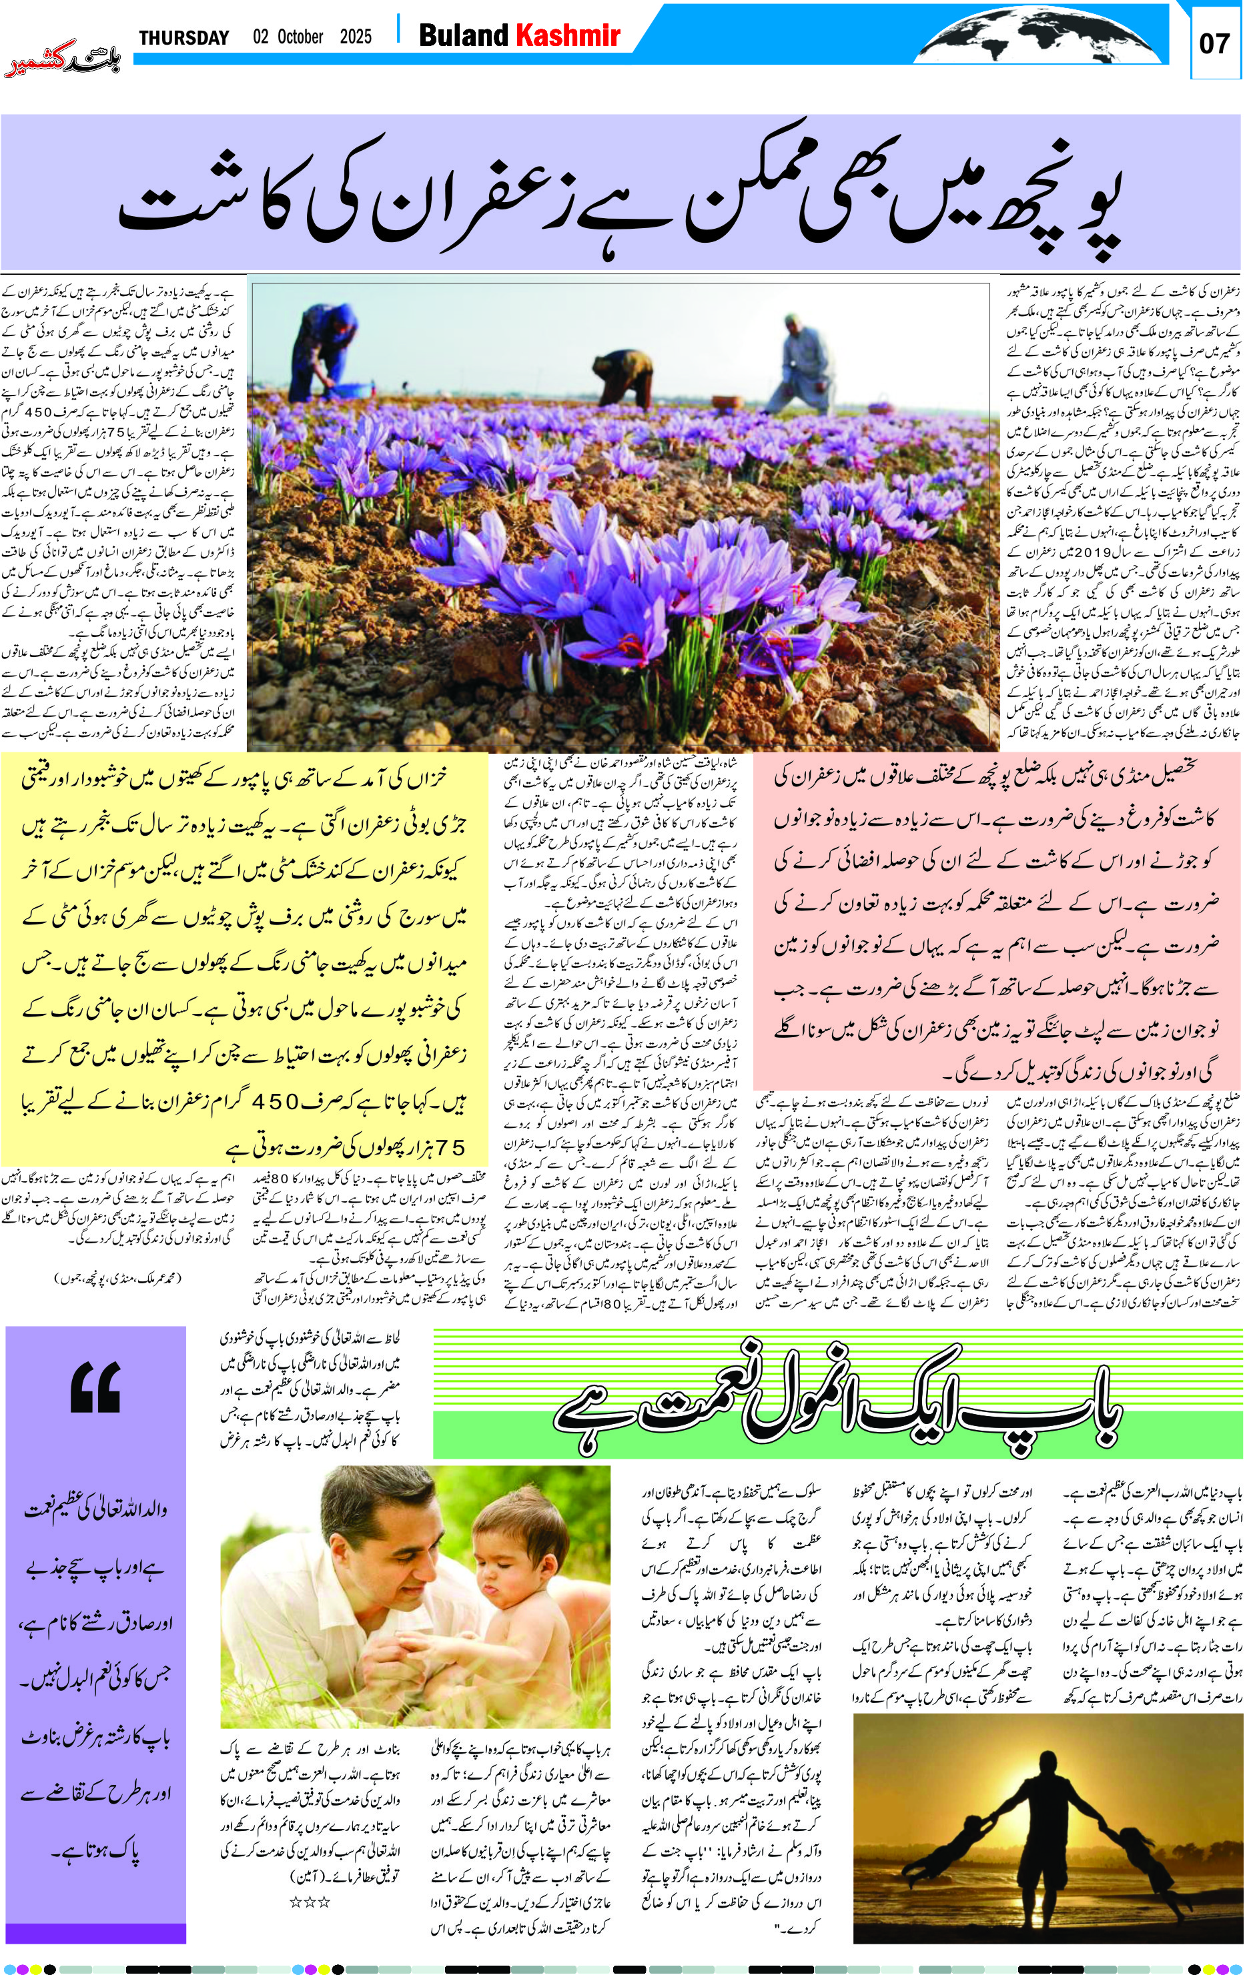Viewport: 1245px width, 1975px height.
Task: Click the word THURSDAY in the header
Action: pos(183,38)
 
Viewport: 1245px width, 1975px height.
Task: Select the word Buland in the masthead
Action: pos(464,35)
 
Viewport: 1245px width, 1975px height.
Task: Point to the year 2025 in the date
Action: pos(355,37)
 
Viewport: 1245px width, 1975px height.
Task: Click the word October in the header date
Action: pos(300,37)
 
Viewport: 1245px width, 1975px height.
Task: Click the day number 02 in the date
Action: pos(261,37)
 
